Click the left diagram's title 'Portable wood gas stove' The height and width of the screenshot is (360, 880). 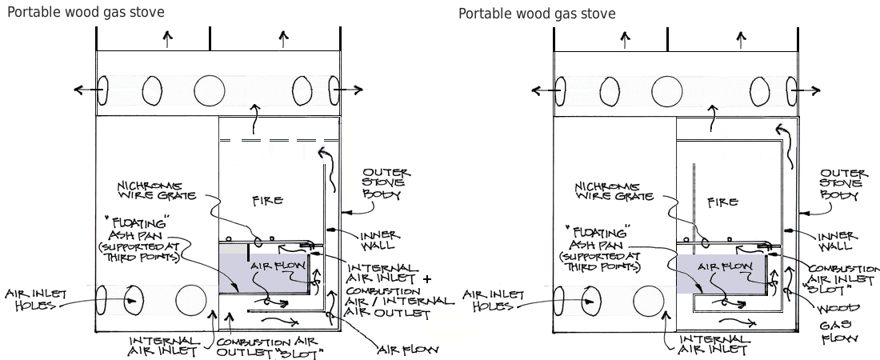click(x=86, y=12)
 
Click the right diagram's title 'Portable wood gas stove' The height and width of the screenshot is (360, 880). click(x=537, y=14)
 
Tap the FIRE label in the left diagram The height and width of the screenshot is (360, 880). click(x=266, y=199)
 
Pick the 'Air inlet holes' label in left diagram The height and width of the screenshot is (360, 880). click(x=33, y=298)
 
